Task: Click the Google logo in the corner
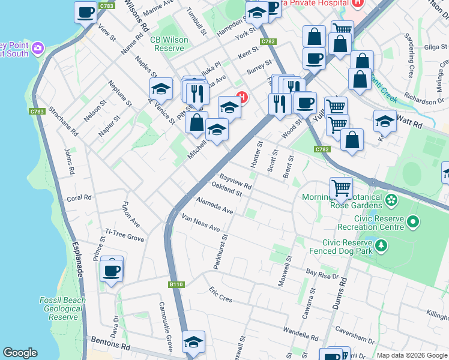click(20, 353)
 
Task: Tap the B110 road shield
click(175, 284)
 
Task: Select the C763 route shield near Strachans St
click(37, 112)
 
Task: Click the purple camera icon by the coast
click(38, 47)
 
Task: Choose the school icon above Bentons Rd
click(193, 343)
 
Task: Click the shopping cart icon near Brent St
click(341, 188)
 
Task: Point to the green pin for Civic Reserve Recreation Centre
click(412, 223)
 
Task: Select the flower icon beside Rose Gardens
click(391, 199)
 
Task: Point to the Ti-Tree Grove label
click(124, 235)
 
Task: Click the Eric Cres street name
click(220, 294)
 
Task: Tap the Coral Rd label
click(79, 197)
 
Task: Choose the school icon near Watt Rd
click(385, 122)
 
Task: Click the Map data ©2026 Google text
click(411, 355)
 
